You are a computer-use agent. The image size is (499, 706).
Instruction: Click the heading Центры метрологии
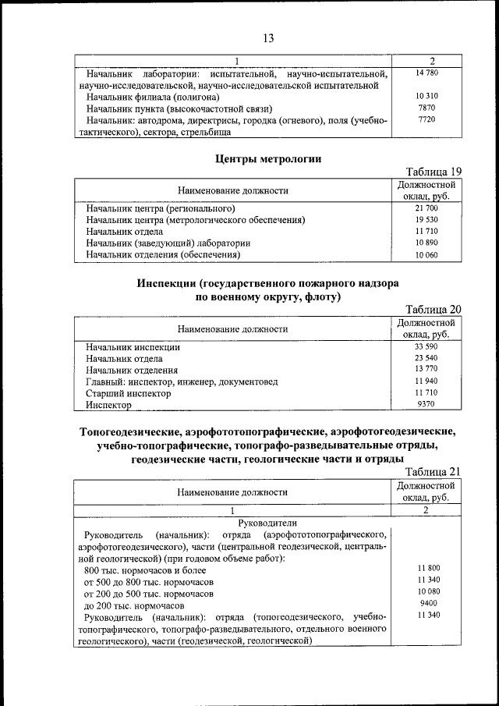click(267, 159)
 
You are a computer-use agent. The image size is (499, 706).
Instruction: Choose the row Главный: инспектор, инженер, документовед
click(182, 382)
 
